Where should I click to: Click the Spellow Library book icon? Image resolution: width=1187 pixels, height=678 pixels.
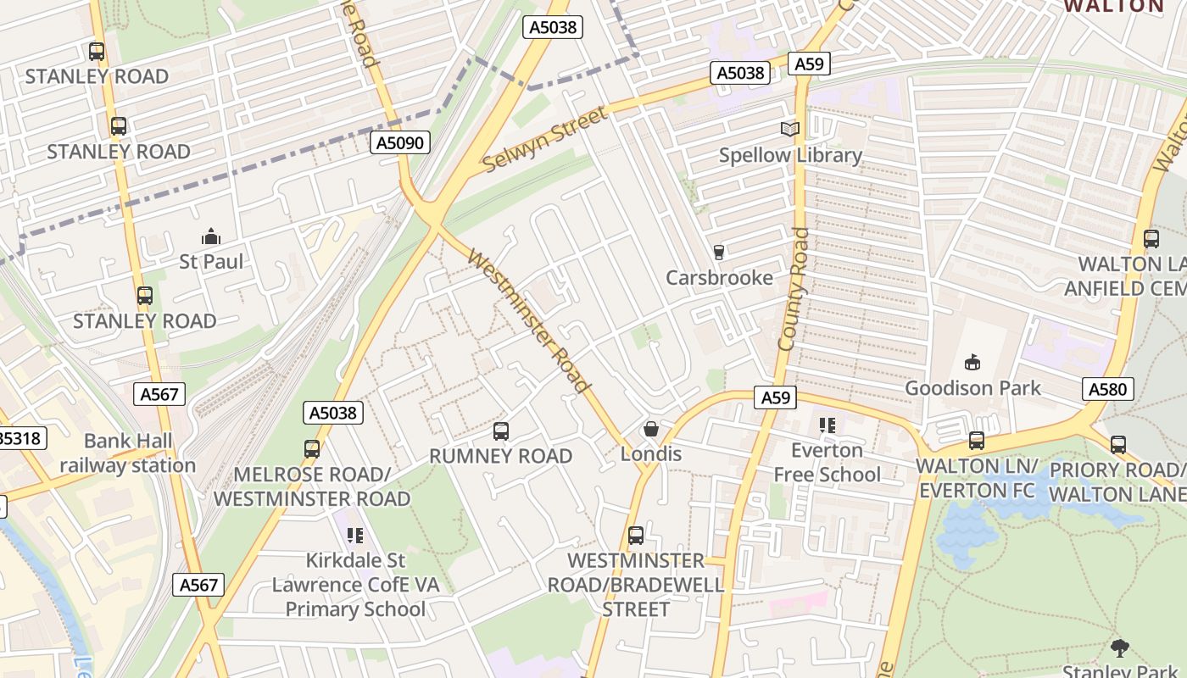pos(790,129)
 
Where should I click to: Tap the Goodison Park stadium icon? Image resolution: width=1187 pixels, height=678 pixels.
pos(972,363)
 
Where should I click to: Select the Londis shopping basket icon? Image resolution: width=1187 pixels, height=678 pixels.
pos(651,429)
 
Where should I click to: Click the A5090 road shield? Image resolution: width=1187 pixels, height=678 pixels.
pos(400,142)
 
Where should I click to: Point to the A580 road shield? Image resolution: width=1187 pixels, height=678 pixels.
pos(1108,389)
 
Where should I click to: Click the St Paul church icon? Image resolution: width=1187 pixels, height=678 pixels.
pos(211,236)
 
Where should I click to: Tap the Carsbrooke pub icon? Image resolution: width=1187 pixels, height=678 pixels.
pos(719,253)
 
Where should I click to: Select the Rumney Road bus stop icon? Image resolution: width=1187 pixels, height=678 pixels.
pos(501,431)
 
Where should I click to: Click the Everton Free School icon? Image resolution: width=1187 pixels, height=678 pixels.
pos(827,425)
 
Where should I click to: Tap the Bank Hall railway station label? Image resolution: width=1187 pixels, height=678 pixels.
pos(128,453)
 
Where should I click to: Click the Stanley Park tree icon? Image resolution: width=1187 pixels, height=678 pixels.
pos(1120,649)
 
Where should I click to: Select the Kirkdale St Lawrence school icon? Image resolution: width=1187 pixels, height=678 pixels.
pos(354,536)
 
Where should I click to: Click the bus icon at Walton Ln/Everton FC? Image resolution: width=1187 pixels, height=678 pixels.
pos(977,441)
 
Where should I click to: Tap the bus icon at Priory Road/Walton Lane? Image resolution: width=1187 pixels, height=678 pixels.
pos(1118,444)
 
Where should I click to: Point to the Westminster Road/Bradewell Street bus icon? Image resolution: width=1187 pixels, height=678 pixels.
pos(636,536)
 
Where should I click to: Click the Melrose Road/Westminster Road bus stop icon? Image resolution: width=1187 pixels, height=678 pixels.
pos(312,449)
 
